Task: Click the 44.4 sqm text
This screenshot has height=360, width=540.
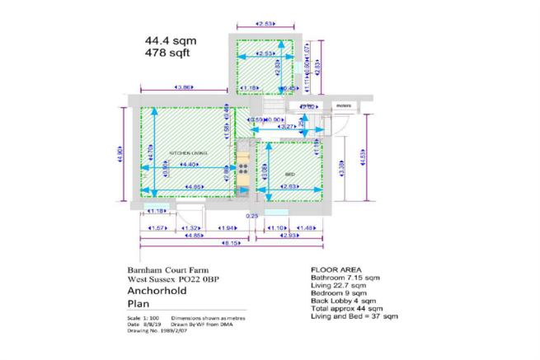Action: coord(168,40)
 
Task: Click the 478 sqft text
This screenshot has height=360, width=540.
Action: coord(167,53)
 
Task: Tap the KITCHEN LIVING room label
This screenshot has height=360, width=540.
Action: coord(187,154)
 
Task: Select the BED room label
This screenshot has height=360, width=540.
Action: coord(289,175)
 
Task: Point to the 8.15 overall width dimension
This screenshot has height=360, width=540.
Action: coord(235,244)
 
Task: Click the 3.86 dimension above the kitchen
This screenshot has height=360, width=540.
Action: coord(184,87)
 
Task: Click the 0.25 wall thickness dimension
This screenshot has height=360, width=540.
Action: coord(252,217)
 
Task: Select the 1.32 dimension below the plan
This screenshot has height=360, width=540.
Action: coord(191,227)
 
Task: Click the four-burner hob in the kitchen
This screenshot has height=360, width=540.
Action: coord(243,167)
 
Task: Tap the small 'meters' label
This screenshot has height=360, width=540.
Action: coord(344,106)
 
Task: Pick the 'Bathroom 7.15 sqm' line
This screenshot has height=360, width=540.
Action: coord(345,278)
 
